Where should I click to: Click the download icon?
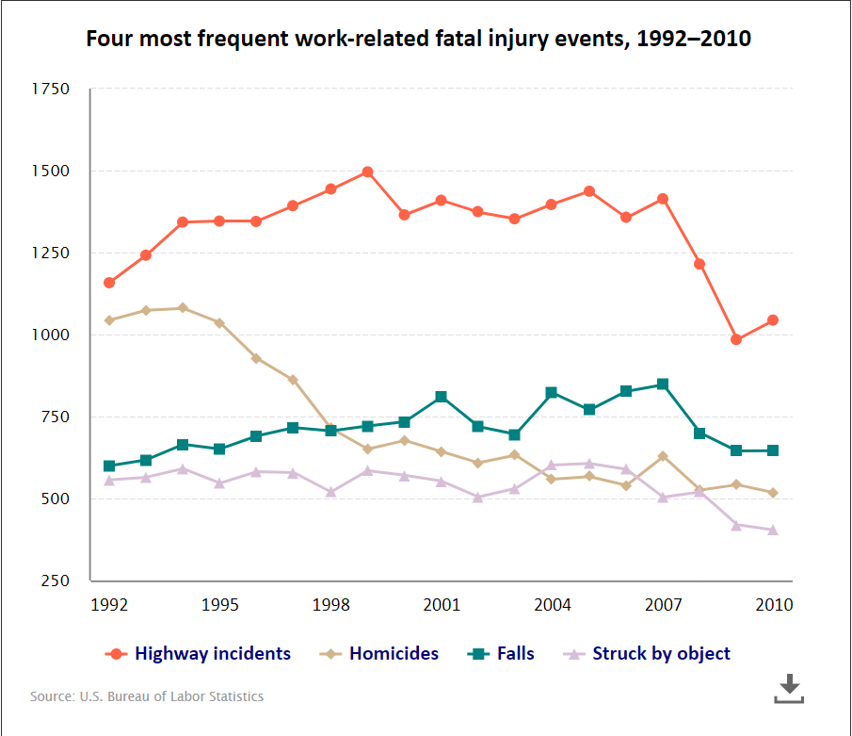tap(789, 689)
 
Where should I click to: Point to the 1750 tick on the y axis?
tap(52, 90)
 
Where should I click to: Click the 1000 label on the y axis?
tap(52, 335)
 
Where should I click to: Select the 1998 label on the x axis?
tap(330, 604)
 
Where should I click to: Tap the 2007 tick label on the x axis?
tap(663, 604)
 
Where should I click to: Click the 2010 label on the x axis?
tap(774, 604)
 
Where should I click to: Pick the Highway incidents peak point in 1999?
tap(367, 172)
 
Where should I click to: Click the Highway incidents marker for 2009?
tap(736, 339)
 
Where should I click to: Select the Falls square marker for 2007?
tap(663, 384)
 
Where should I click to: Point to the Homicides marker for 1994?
tap(183, 308)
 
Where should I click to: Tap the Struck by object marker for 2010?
tap(773, 530)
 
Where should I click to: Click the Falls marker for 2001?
tap(442, 397)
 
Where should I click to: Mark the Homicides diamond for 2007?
tap(663, 456)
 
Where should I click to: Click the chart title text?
tap(418, 40)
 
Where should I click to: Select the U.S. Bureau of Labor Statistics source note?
tap(147, 696)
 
